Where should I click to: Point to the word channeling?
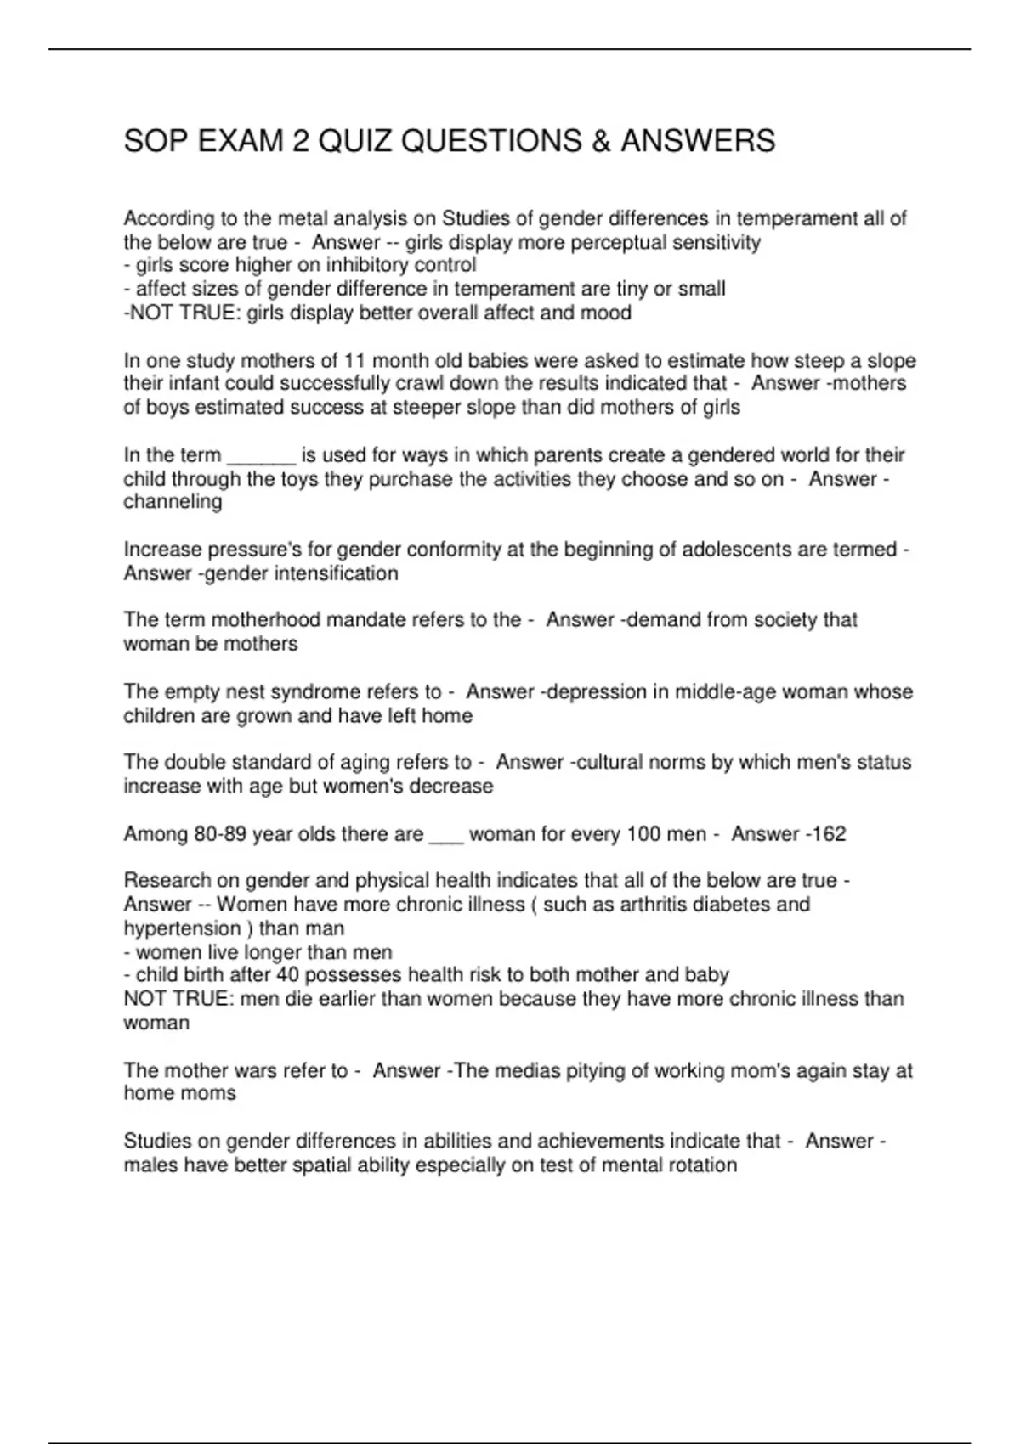tap(173, 502)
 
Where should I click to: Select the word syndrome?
tap(319, 691)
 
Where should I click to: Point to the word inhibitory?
tap(369, 265)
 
